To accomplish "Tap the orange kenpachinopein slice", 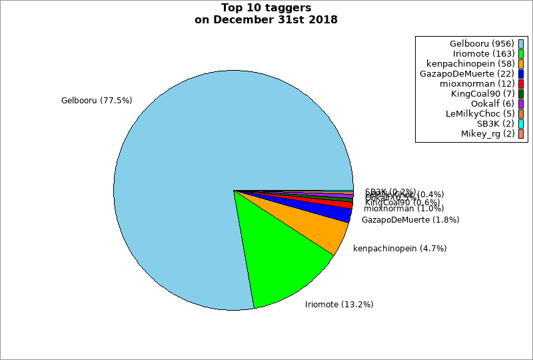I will point(320,230).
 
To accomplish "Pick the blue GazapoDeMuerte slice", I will point(340,213).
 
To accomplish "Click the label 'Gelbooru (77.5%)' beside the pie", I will point(97,101).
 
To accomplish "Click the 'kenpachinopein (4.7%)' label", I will point(400,249).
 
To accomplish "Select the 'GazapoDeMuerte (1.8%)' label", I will point(410,219).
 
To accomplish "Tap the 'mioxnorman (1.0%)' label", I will point(404,209).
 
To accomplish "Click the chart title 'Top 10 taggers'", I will point(266,8).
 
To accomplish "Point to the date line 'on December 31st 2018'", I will point(266,19).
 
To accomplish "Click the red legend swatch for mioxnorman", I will point(521,84).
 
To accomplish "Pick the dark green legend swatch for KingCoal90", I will point(521,94).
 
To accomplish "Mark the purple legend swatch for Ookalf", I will point(521,104).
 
